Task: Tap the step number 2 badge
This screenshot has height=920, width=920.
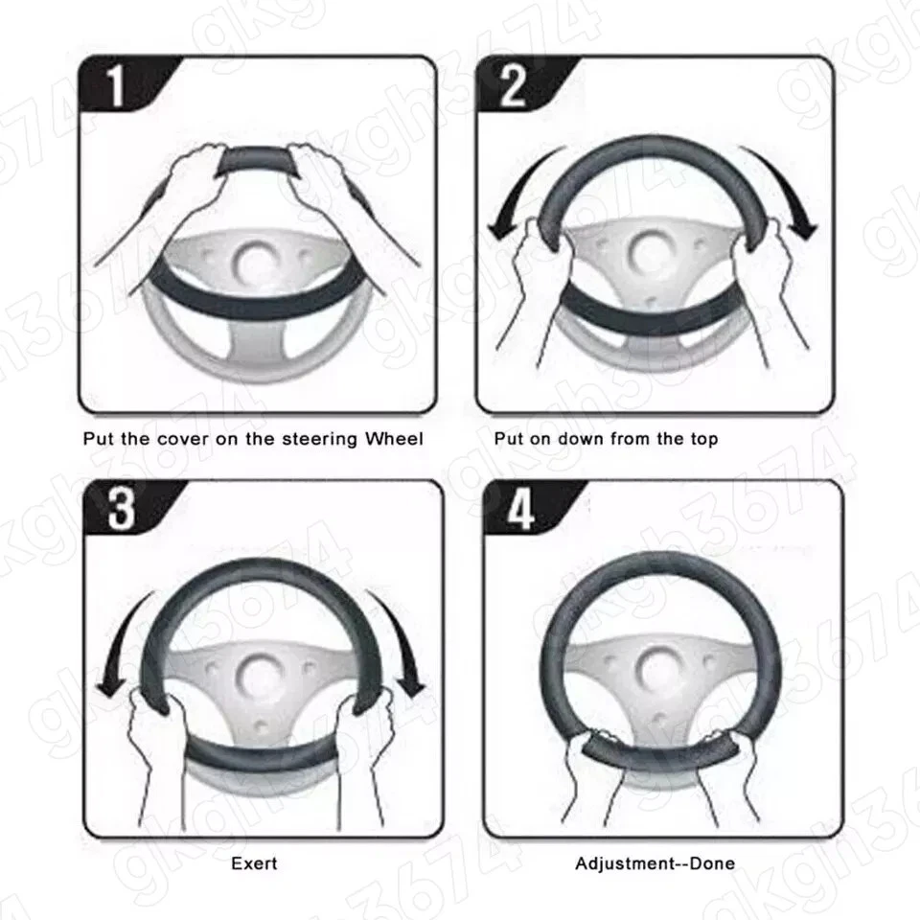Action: coord(513,86)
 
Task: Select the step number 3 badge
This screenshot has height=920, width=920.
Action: coord(120,510)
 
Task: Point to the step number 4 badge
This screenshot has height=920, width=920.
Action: coord(520,510)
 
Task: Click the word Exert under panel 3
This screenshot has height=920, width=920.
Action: coord(254,863)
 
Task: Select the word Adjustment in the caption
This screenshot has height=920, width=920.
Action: coord(623,863)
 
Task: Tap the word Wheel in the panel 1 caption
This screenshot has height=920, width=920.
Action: coord(392,439)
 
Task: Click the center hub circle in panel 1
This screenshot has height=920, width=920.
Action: coord(256,259)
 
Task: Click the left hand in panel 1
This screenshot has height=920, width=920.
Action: coord(196,172)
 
